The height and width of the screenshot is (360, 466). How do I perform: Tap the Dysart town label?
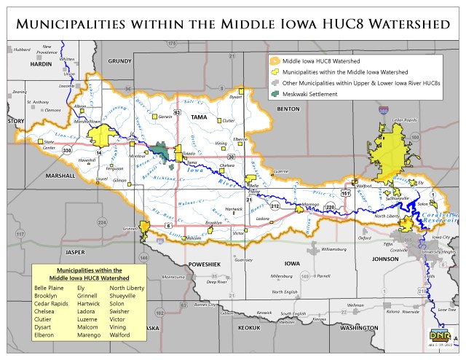point(235,96)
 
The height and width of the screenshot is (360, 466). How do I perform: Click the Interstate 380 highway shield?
point(383,111)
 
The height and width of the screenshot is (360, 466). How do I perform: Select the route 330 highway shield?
point(66,150)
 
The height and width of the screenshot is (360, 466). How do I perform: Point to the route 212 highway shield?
point(275,206)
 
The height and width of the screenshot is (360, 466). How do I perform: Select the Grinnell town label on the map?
point(131,228)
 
